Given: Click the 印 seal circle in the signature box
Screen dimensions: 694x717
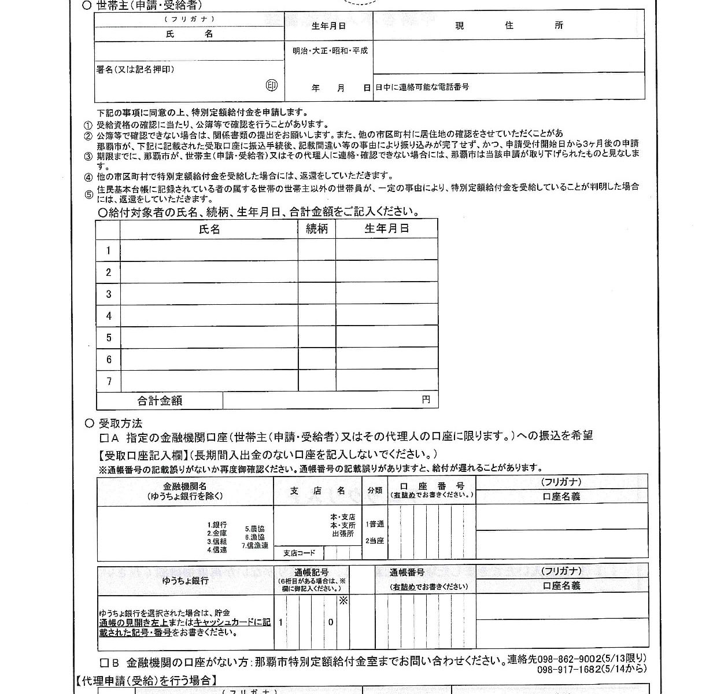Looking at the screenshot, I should pos(272,86).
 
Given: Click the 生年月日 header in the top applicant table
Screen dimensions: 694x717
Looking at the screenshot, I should pos(328,26).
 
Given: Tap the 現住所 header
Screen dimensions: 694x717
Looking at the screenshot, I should pos(509,26).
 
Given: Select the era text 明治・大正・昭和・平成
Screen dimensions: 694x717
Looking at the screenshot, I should pos(330,51).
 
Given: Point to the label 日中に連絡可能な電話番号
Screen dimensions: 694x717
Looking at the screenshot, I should pos(422,87).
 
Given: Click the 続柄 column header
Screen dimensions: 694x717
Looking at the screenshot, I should pos(317,229).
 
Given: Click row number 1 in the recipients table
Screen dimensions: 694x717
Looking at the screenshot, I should pos(108,250).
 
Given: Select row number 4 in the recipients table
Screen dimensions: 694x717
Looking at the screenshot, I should pos(108,316).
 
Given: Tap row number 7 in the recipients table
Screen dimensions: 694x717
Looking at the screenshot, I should pos(108,381).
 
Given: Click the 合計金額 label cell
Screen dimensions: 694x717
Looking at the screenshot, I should pos(160,400).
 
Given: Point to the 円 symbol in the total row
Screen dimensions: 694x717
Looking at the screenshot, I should pos(426,400).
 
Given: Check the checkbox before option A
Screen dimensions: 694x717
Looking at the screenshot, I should pos(105,436).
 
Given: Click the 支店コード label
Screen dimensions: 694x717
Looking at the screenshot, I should pos(300,553).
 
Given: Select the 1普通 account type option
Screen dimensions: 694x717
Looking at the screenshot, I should pos(375,525).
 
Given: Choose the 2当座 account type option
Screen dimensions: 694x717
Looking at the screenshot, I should pos(375,541).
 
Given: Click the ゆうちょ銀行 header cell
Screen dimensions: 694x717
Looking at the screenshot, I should pos(185,581).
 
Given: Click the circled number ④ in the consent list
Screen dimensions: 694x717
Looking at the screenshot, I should pos(88,177).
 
